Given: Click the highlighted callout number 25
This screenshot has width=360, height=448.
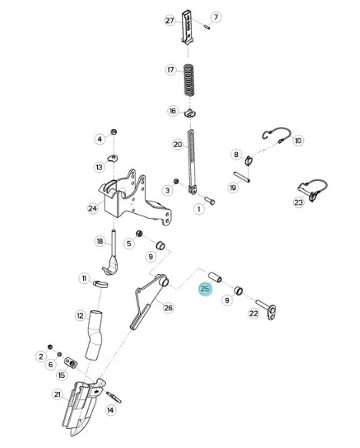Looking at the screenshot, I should [204, 289].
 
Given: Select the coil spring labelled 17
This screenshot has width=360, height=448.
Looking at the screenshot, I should [188, 81].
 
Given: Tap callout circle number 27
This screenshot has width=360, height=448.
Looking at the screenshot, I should [170, 21].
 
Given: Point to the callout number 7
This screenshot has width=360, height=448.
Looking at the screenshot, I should [215, 16].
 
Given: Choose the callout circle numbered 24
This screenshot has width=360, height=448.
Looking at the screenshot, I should [92, 208].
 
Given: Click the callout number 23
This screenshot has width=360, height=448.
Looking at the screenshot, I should [298, 203].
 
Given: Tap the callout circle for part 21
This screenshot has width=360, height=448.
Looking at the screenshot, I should [57, 395].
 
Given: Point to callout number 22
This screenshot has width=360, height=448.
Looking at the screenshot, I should [253, 313].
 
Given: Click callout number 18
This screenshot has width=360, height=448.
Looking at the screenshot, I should [99, 241].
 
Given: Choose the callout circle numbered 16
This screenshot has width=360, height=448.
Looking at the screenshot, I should [173, 111].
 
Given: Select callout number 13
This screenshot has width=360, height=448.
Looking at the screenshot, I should [99, 167].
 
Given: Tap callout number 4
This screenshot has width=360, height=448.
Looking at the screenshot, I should [99, 139].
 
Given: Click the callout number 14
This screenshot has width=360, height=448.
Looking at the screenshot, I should [110, 411].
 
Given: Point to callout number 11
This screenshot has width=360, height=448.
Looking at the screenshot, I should [84, 278].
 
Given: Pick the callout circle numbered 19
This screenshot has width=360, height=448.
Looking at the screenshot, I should [232, 188].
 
